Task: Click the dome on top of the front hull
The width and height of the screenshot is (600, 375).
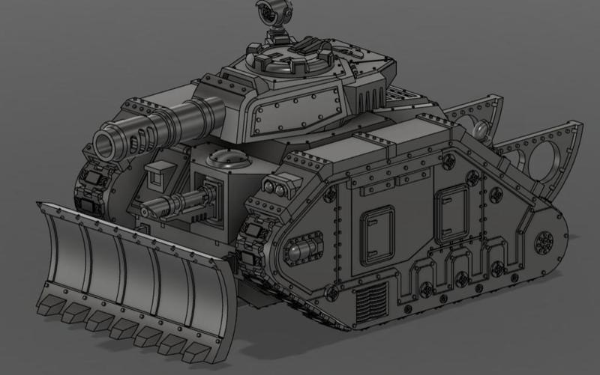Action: point(225,159)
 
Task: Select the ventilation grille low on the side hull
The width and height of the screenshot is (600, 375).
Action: point(370,302)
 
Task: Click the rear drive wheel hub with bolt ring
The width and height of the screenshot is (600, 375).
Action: point(544,242)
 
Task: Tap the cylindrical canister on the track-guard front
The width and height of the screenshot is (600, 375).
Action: point(298,249)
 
